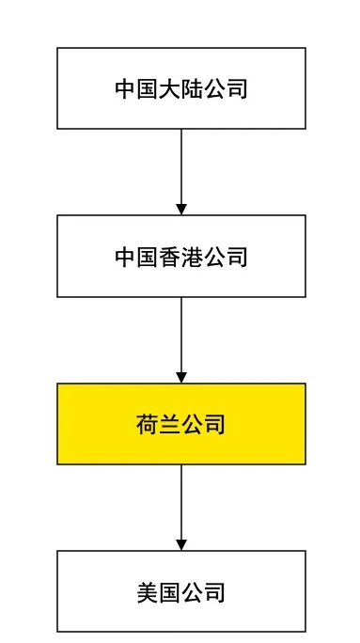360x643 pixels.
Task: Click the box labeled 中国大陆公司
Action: [180, 88]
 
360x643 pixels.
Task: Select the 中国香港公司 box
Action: [180, 256]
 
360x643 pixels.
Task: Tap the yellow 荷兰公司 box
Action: [180, 424]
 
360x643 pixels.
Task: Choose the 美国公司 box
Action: [180, 591]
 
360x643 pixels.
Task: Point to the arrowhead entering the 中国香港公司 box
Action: [181, 209]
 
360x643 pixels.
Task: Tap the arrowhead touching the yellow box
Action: [181, 377]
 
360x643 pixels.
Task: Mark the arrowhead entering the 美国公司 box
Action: [181, 544]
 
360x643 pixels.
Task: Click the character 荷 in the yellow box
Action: [148, 425]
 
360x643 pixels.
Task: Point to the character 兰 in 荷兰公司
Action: [170, 425]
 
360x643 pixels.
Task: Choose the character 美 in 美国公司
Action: [148, 592]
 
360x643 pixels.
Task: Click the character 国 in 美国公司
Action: [170, 592]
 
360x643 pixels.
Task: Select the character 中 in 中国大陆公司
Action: [126, 89]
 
